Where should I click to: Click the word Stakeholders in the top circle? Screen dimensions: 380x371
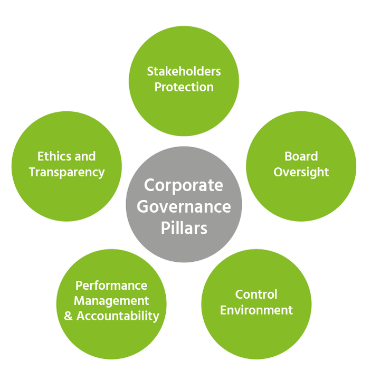click(184, 71)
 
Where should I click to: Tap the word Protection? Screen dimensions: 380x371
click(184, 87)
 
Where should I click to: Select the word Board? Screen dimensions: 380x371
click(301, 156)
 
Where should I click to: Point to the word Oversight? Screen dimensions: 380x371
click(301, 172)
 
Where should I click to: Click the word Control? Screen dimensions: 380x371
click(256, 294)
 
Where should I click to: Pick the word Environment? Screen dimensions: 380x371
click(256, 310)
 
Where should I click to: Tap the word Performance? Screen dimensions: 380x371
click(111, 286)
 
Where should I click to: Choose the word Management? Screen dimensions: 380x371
click(111, 301)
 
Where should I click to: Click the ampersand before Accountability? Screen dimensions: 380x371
click(68, 316)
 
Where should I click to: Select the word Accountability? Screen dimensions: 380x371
click(118, 316)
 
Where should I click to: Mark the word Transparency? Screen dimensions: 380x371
click(66, 172)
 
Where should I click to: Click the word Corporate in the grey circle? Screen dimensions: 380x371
click(184, 186)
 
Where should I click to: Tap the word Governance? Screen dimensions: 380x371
click(184, 206)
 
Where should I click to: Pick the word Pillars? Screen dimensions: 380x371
click(184, 227)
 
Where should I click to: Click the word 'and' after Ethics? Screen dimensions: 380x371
click(85, 156)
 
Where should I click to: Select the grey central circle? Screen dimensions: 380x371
click(184, 248)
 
